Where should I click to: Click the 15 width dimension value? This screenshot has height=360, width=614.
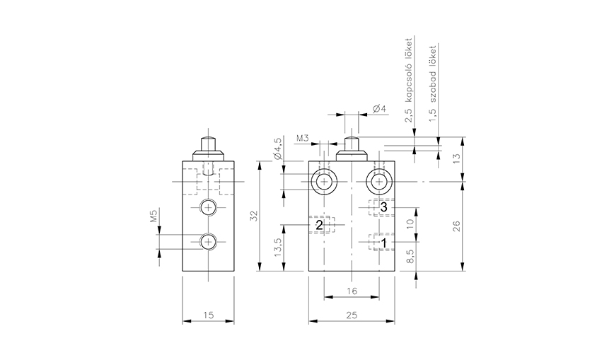coord(208,315)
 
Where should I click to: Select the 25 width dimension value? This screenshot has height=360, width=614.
coord(352,315)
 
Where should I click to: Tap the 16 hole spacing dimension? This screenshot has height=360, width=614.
coord(352,291)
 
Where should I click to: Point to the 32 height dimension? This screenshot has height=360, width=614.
coord(255,216)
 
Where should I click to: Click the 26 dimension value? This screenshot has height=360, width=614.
coord(456,226)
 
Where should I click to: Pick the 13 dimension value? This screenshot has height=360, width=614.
coord(456,158)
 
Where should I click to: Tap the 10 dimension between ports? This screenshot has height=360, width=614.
coord(410,224)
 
